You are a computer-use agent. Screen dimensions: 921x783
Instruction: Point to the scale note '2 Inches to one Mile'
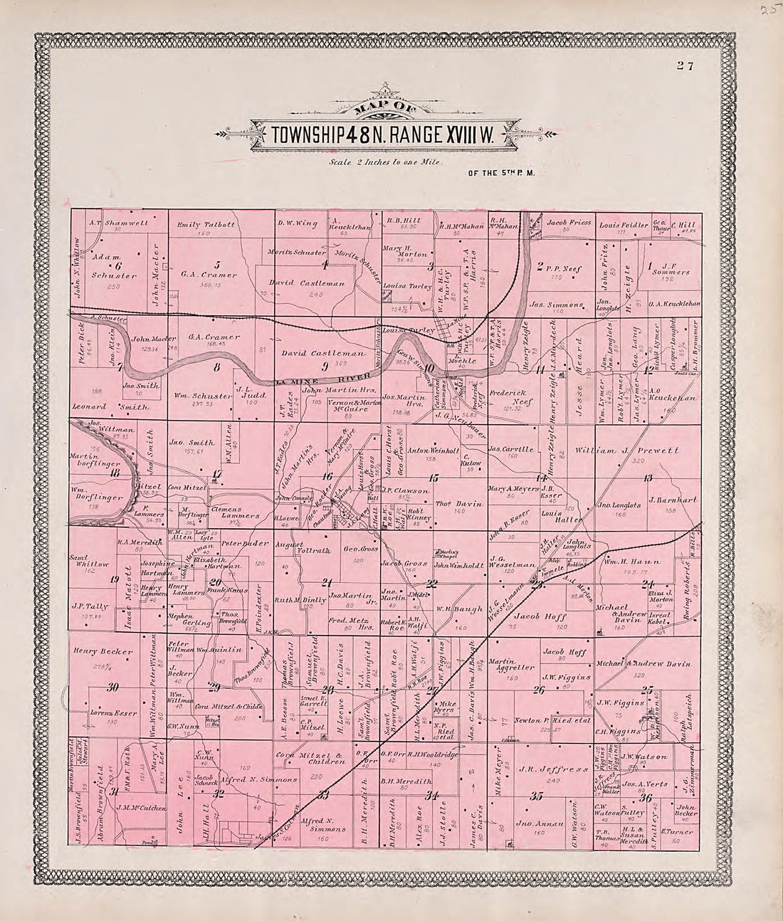tap(385, 162)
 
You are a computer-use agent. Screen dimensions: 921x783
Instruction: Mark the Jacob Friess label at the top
tap(568, 223)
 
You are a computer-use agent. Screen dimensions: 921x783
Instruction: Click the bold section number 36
tap(646, 797)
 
